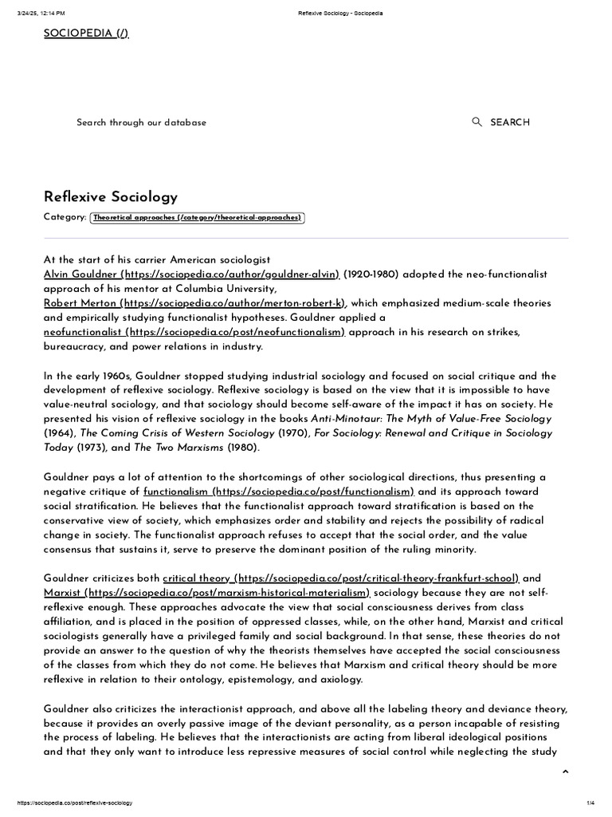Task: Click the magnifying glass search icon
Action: click(x=477, y=122)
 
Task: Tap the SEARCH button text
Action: click(x=509, y=122)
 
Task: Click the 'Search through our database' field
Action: click(x=141, y=122)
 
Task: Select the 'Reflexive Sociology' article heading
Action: click(x=110, y=196)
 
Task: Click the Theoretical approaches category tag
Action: click(x=198, y=217)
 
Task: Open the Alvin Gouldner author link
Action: click(x=191, y=274)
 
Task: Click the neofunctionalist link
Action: click(x=194, y=332)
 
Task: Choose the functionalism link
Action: click(x=279, y=491)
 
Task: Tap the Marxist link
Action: click(x=207, y=593)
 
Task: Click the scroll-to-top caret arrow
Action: click(x=565, y=772)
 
